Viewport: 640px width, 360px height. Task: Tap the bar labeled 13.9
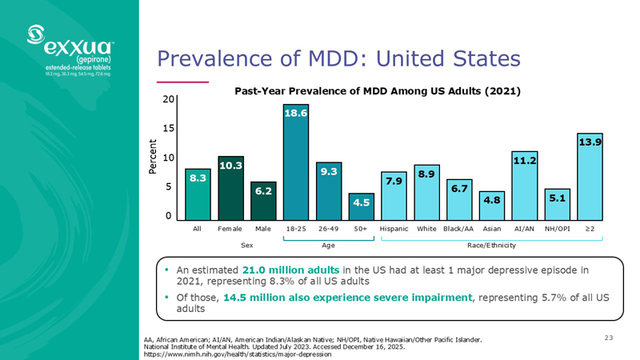click(x=590, y=177)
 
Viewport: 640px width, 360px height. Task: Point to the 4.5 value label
click(x=362, y=203)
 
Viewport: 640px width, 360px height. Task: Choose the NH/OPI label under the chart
click(x=557, y=229)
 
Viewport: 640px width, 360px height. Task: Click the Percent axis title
click(x=154, y=158)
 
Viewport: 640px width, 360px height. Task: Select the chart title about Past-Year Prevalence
click(x=377, y=92)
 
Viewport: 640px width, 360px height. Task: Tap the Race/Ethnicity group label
click(x=491, y=245)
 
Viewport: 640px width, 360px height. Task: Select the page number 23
click(x=609, y=338)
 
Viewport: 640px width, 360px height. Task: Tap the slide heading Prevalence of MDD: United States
click(x=338, y=58)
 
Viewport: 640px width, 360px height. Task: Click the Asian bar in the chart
click(x=492, y=206)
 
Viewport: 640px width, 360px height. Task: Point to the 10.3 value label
click(x=230, y=165)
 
